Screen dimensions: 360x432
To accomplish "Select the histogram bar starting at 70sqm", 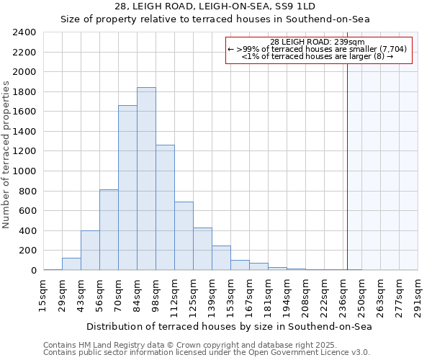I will point(127,187).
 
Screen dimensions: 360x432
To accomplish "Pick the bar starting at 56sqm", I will point(109,230).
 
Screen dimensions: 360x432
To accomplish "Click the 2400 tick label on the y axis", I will point(24,32).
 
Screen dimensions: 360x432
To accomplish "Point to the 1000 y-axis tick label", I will point(24,171).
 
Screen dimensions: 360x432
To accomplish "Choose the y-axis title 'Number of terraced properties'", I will point(6,155).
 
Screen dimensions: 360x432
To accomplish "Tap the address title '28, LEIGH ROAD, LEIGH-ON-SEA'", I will point(215,6).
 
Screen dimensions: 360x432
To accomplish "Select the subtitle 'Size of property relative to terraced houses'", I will point(215,19).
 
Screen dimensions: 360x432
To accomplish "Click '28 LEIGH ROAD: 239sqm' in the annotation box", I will point(318,42).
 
